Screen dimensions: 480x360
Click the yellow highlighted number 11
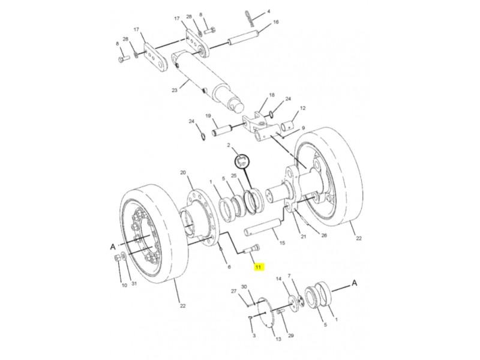pos(259,267)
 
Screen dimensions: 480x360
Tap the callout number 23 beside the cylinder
pos(175,91)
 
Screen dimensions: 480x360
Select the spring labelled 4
pos(250,19)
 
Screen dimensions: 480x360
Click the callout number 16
pos(276,22)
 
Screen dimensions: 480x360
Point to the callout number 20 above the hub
pos(183,173)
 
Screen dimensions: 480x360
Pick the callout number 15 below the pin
pos(282,243)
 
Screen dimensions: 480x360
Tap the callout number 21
pos(304,236)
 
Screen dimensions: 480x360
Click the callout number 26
pos(324,235)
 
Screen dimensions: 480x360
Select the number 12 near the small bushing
pos(303,108)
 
